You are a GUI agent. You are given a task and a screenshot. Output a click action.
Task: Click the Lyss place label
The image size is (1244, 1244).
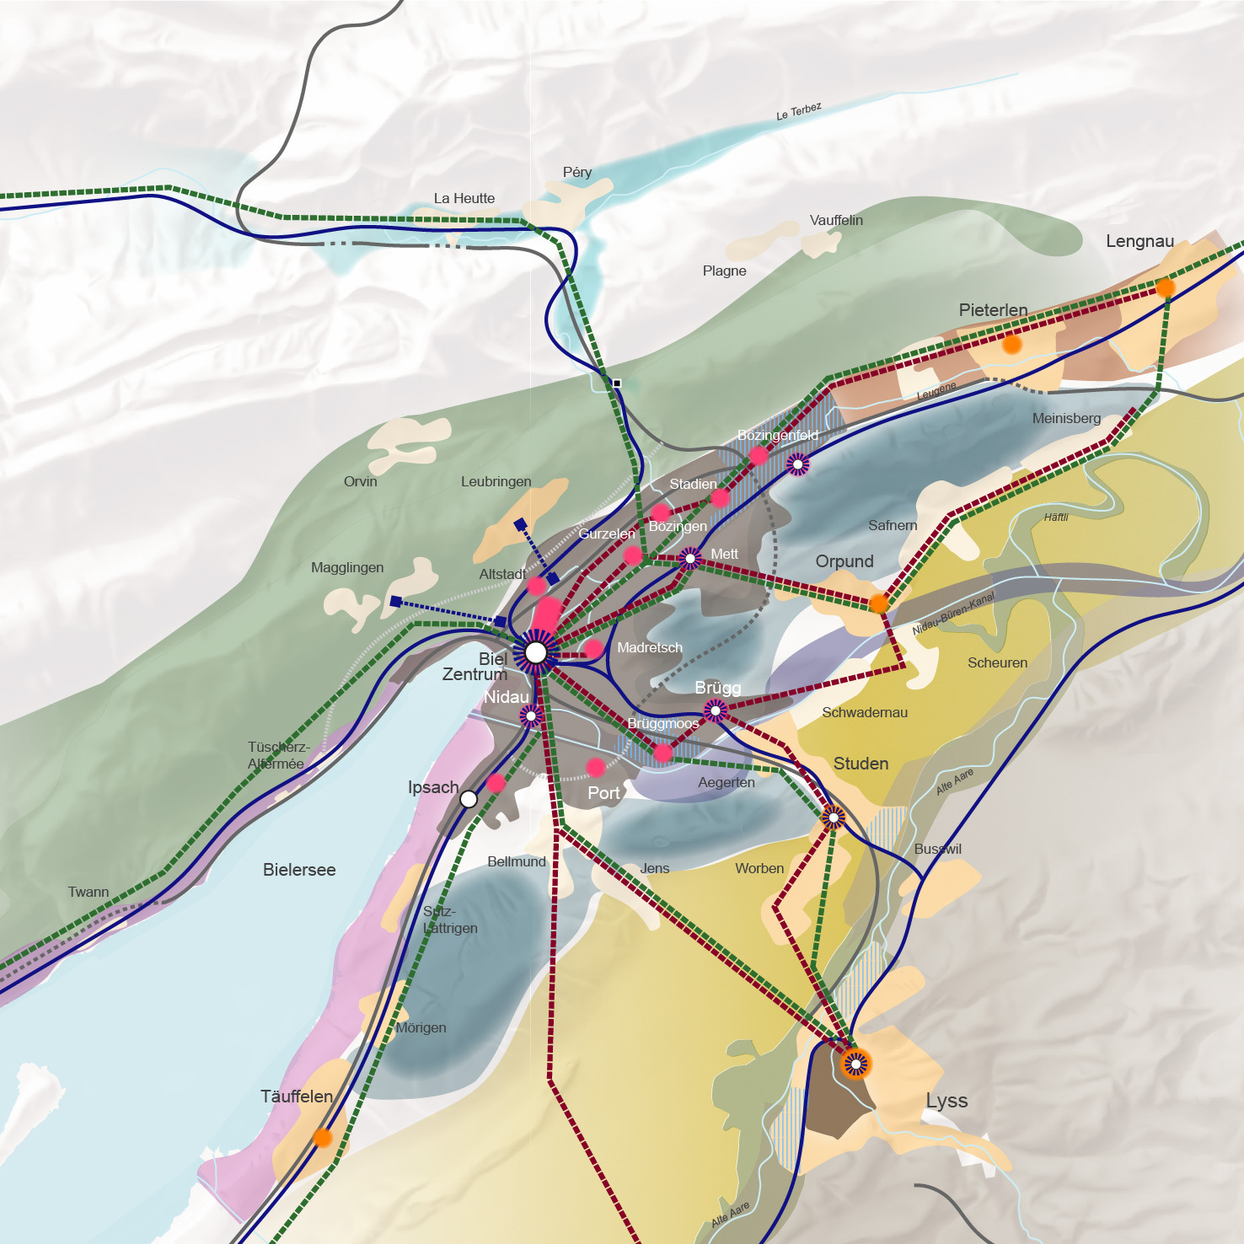click(946, 1101)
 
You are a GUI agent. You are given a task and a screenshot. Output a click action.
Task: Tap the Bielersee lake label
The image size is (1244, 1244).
click(299, 870)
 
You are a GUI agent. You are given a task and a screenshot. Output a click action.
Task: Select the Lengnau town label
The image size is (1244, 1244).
click(1139, 241)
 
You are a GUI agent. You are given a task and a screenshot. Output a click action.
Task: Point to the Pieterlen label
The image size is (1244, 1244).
click(993, 310)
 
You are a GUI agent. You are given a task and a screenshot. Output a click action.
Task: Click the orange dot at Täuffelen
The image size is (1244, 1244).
click(322, 1138)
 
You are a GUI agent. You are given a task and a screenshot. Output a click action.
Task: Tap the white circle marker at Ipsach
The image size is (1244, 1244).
click(469, 799)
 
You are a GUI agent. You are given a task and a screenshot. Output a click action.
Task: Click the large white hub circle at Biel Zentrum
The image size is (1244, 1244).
click(536, 652)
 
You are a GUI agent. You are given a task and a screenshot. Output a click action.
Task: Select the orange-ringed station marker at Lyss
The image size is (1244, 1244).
click(855, 1064)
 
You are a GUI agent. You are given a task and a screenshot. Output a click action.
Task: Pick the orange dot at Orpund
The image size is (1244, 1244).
click(878, 603)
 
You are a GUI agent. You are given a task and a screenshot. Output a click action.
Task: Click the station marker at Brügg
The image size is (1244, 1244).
click(715, 711)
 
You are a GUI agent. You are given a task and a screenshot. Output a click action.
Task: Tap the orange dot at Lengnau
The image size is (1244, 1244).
click(1165, 288)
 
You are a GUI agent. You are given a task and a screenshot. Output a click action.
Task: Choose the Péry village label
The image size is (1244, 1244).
click(577, 173)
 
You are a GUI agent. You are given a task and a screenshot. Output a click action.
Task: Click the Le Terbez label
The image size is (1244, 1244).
click(798, 111)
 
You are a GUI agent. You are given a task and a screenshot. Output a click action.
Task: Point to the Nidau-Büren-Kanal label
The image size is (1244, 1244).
click(953, 614)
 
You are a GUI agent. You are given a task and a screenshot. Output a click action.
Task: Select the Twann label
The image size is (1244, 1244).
click(88, 892)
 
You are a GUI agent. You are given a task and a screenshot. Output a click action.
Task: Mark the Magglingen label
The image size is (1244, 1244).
click(347, 568)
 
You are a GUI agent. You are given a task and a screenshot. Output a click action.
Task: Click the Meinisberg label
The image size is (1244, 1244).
click(1066, 419)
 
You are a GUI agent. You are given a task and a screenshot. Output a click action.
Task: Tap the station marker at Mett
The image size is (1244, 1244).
click(690, 558)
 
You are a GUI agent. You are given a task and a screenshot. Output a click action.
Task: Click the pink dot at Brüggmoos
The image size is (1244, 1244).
click(663, 753)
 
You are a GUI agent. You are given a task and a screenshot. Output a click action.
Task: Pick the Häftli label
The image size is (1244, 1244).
click(1056, 517)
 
